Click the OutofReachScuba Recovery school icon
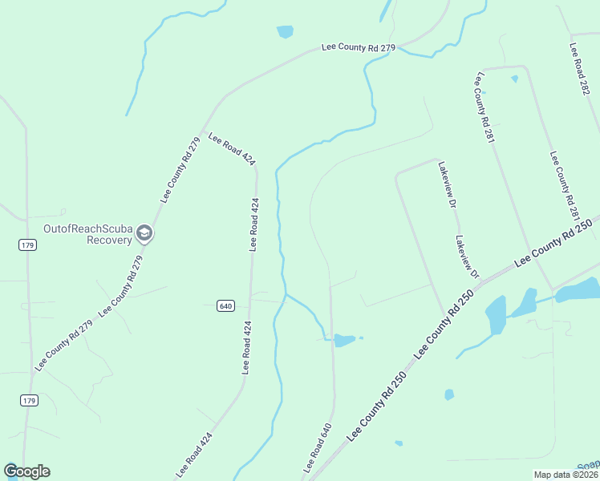pyautogui.click(x=144, y=233)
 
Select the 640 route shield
pyautogui.click(x=225, y=305)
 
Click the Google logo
pyautogui.click(x=26, y=471)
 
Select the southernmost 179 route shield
pyautogui.click(x=29, y=400)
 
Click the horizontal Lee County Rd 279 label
pyautogui.click(x=359, y=48)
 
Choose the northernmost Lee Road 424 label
pyautogui.click(x=232, y=148)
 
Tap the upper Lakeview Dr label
pyautogui.click(x=447, y=185)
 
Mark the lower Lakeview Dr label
pyautogui.click(x=466, y=257)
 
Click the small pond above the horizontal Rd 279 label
pyautogui.click(x=285, y=32)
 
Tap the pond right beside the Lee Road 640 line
pyautogui.click(x=344, y=340)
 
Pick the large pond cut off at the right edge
pyautogui.click(x=578, y=290)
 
